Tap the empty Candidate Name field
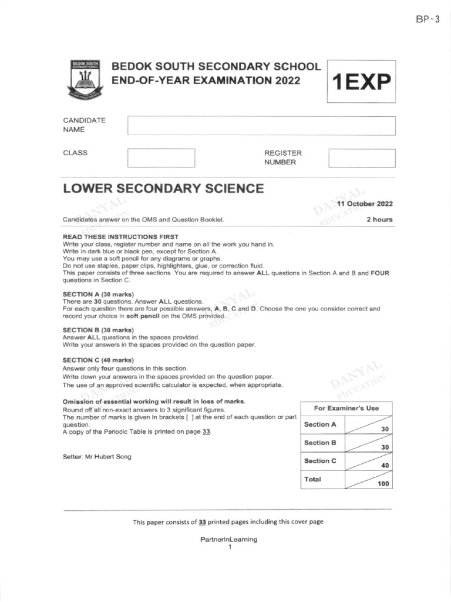point(261,126)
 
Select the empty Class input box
point(161,158)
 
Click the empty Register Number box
point(362,158)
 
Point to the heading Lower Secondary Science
point(163,189)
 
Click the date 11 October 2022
point(365,204)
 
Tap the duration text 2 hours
point(379,219)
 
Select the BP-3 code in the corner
point(428,19)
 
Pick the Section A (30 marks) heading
point(98,294)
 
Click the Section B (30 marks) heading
point(98,330)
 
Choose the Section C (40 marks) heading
point(98,360)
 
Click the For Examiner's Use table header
point(346,408)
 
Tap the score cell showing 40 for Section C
point(368,461)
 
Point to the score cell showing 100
point(368,480)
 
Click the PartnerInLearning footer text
point(229,539)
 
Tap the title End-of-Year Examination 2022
point(206,81)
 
